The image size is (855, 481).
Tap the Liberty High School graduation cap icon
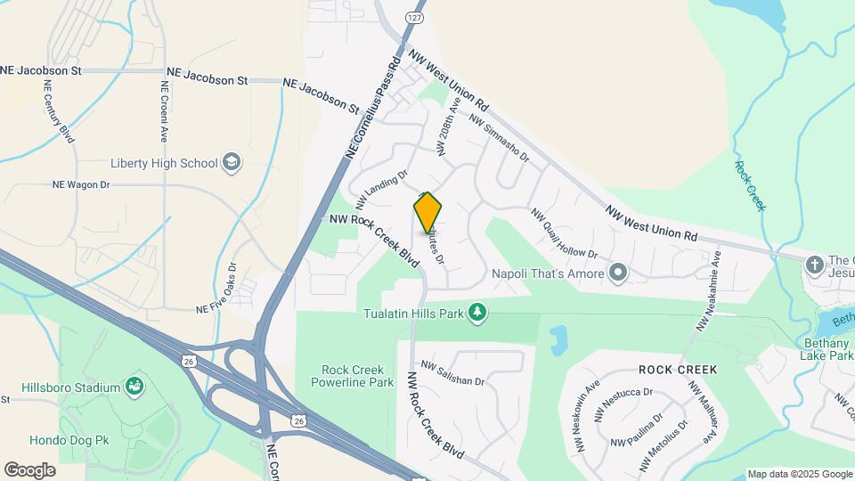pos(232,162)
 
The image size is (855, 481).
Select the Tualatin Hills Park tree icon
pos(479,313)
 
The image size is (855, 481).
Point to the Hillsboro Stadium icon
pos(134,387)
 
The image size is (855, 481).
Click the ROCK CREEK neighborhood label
pos(677,369)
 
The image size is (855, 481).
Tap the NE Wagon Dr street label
pos(80,184)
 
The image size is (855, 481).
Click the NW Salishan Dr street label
pos(452,374)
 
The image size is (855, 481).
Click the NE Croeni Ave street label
pos(165,111)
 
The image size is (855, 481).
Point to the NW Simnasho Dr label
pos(499,139)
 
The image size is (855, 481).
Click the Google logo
pos(29,469)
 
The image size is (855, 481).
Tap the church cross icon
pos(814,265)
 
